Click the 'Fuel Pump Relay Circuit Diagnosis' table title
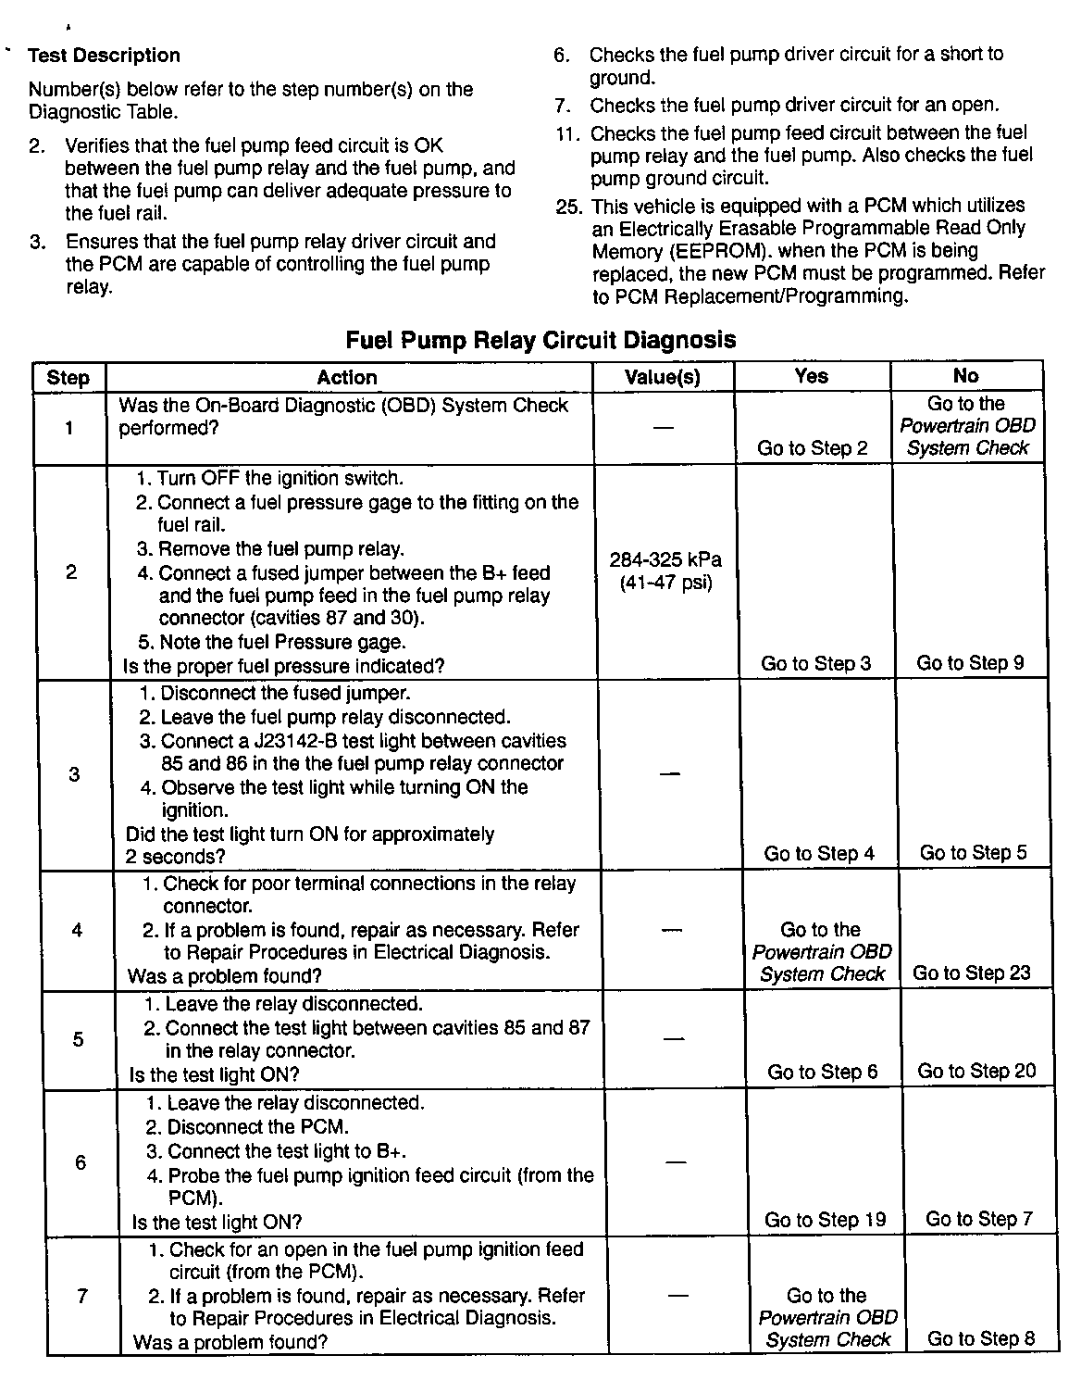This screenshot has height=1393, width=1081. (x=540, y=340)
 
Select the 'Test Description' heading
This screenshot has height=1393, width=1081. (x=104, y=56)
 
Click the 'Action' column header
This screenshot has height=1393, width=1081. (x=347, y=377)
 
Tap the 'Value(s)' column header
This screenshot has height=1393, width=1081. (x=663, y=377)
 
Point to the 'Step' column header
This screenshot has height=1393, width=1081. (x=68, y=378)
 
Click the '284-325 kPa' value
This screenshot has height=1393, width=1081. (x=665, y=559)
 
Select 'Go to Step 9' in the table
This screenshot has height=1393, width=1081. (x=970, y=662)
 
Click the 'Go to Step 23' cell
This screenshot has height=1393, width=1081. (x=971, y=973)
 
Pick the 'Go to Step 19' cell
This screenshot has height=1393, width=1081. (x=826, y=1220)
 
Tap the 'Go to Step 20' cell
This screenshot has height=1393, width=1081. (x=976, y=1071)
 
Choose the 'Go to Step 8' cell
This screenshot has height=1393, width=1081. (x=980, y=1338)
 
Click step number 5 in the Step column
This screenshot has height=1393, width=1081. (x=78, y=1039)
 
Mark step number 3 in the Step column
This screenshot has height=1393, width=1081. (x=74, y=774)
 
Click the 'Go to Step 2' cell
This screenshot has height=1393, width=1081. (x=813, y=448)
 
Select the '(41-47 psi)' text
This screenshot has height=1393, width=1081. (x=665, y=584)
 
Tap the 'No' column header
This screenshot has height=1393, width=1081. (x=965, y=375)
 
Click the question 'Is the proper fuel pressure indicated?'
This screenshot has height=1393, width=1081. (x=284, y=666)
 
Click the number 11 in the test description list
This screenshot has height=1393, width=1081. (x=567, y=133)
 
